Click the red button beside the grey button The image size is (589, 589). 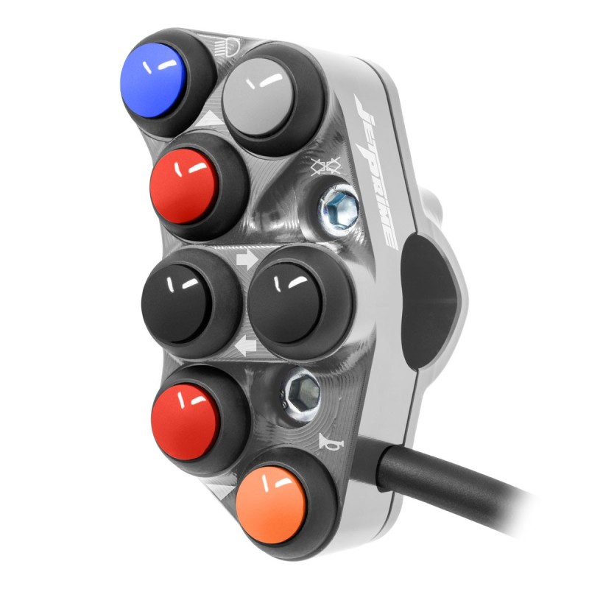[x=183, y=186]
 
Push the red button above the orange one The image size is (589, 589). [x=185, y=422]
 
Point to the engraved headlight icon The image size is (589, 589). [x=228, y=47]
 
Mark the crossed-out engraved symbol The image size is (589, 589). [x=325, y=166]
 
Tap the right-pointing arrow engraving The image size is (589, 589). [x=247, y=260]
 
